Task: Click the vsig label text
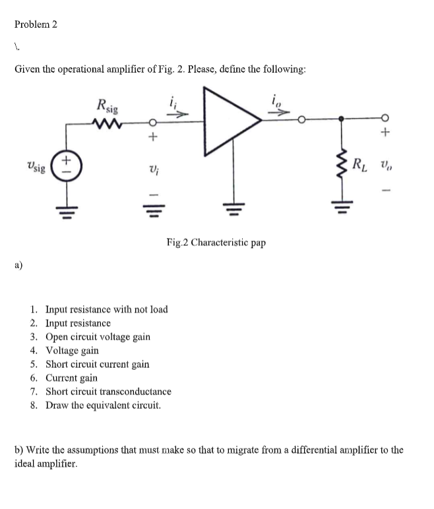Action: click(x=36, y=167)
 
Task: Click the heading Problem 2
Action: click(x=36, y=24)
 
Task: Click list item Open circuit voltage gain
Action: click(x=97, y=337)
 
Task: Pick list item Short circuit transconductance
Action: click(x=108, y=392)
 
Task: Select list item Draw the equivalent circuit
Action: click(x=103, y=405)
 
